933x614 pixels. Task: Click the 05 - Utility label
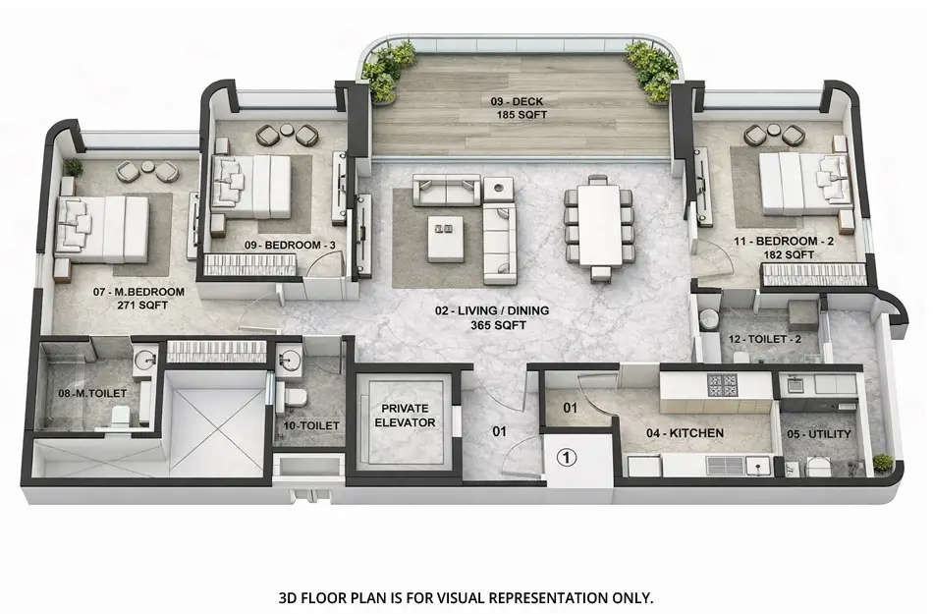820,433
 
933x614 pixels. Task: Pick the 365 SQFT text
492,324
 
